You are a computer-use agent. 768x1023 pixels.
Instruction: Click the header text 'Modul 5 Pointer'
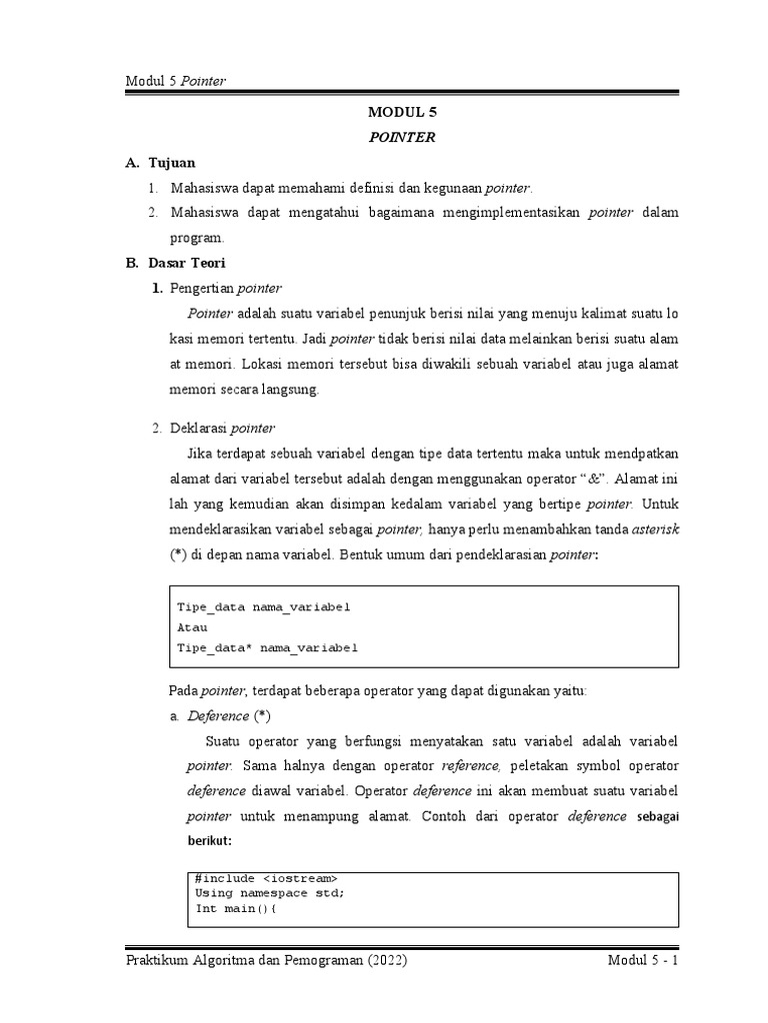(175, 81)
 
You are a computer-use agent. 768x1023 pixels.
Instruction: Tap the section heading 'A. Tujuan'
(161, 162)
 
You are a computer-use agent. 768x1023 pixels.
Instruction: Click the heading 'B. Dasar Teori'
(175, 263)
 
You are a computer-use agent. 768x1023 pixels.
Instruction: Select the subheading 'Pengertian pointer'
(226, 289)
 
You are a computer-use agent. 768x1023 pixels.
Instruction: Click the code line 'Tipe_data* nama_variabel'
(266, 647)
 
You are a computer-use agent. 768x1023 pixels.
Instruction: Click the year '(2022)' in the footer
(375, 961)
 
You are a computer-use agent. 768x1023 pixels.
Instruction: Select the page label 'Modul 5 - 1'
(643, 961)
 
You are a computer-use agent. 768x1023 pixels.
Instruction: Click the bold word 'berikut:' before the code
(209, 841)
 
